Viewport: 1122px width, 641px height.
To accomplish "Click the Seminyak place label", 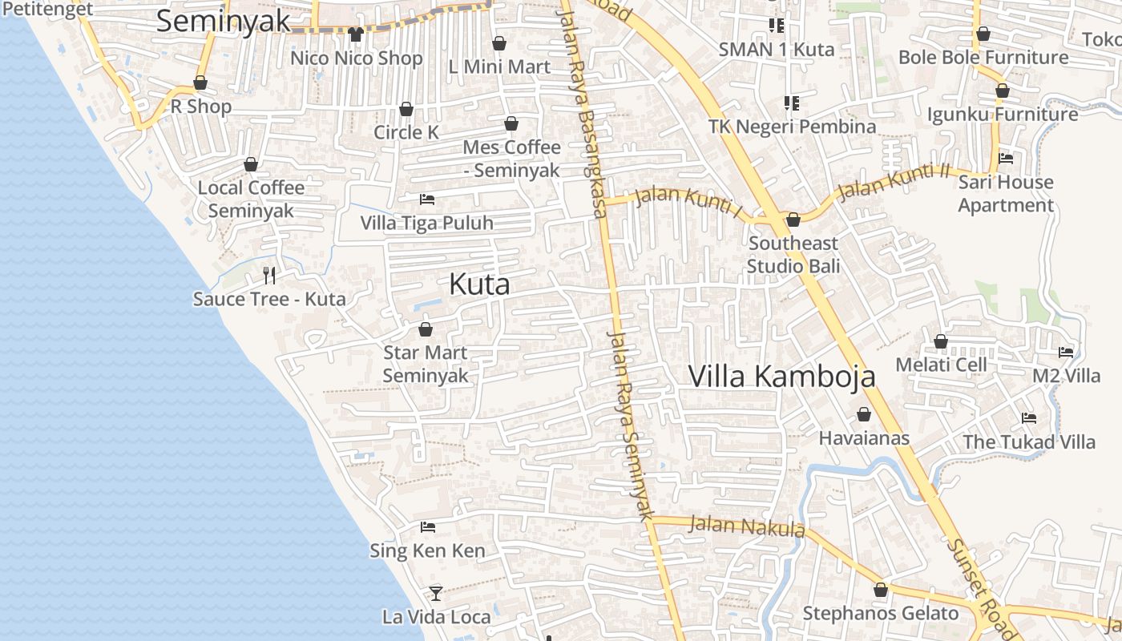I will click(223, 22).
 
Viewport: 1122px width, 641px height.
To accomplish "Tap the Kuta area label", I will click(479, 284).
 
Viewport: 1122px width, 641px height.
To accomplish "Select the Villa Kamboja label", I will click(781, 376).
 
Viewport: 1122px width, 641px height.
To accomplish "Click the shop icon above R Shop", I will click(200, 83).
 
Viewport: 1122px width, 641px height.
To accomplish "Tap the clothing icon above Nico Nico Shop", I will click(356, 34).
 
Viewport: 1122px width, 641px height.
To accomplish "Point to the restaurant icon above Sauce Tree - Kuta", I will click(269, 276).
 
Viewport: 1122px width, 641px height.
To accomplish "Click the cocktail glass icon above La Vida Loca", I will click(436, 594).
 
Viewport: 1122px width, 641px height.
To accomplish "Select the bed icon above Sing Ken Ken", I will click(427, 527).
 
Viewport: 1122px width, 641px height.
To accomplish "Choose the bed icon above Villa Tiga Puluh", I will click(427, 199).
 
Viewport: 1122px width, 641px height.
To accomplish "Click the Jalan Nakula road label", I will click(747, 526).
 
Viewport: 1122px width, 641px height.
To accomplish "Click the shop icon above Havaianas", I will click(864, 414).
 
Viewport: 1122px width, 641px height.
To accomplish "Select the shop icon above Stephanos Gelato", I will click(881, 590).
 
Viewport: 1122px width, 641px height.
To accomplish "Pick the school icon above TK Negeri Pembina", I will click(792, 103).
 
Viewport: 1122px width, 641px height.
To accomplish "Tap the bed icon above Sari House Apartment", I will click(1006, 159).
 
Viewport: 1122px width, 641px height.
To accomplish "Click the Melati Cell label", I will click(941, 365).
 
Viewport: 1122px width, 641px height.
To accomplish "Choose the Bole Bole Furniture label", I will click(983, 58).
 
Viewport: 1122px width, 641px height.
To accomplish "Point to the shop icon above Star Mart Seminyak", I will click(426, 329).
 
